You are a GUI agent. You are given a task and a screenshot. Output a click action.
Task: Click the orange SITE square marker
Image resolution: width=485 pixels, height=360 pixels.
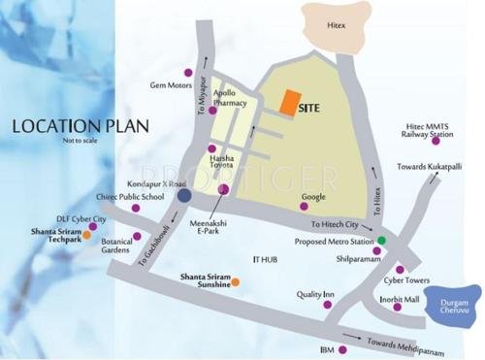pos(289,102)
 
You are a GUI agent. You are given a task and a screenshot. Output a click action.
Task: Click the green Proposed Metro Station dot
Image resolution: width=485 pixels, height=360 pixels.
pos(381,240)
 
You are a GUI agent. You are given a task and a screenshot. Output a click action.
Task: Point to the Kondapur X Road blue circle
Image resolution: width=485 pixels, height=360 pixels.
pos(184,196)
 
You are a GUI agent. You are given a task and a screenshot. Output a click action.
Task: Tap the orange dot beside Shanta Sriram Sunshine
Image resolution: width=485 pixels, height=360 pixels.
pos(235,281)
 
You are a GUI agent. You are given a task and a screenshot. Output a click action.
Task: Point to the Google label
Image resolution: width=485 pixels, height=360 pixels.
pos(312,197)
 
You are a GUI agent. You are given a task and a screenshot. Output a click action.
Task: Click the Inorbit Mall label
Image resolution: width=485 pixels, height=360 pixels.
pos(398,300)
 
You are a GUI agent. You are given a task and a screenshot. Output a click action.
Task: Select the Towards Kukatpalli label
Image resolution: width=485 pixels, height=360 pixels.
pos(429,167)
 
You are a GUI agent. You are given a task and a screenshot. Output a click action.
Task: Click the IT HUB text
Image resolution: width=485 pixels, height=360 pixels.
pos(264,260)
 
